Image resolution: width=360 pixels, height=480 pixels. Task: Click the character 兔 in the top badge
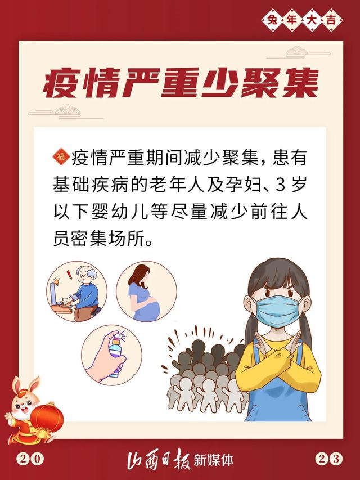272,20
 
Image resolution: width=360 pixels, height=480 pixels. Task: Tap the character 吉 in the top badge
331,20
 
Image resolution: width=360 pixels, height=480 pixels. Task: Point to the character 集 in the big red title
300,83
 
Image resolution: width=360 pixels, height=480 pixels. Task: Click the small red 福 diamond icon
61,157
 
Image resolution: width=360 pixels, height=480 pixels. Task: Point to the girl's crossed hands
278,353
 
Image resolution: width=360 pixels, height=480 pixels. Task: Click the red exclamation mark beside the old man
70,274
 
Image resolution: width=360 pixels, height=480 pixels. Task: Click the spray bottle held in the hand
116,355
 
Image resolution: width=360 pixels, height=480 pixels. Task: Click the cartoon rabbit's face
23,404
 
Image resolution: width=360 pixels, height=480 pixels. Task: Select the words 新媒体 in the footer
213,460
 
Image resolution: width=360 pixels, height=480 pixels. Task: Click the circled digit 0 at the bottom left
37,459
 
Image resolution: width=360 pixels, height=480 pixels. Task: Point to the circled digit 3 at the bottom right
336,459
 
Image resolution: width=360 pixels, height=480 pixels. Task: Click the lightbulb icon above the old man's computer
56,281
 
